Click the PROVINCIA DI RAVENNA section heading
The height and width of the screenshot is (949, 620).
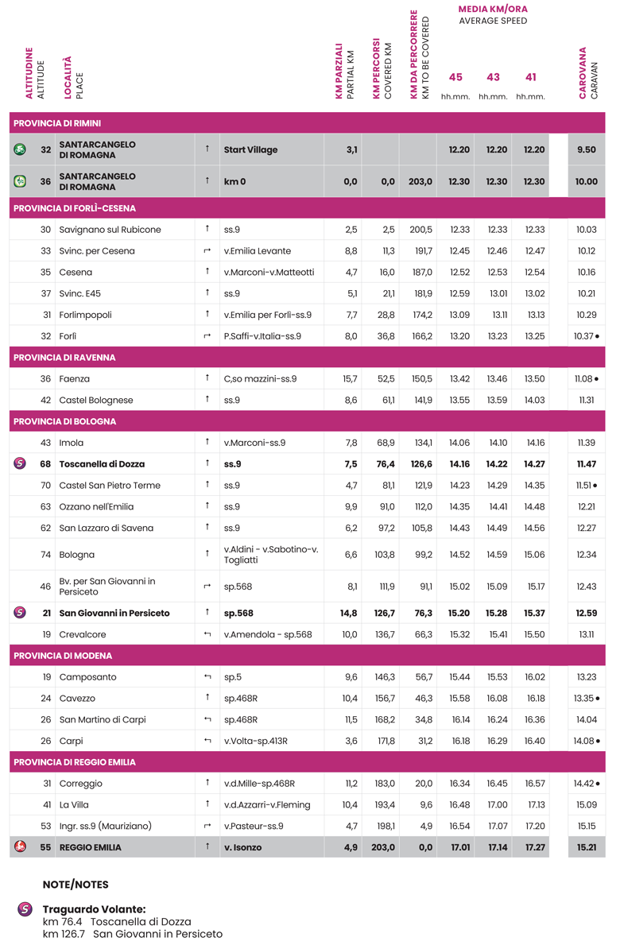tap(64, 358)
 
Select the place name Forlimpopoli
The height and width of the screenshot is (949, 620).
tap(85, 315)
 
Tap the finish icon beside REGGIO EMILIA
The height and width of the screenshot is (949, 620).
tap(20, 847)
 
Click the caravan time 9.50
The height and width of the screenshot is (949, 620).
tap(586, 149)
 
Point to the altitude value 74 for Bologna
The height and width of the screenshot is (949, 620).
tap(45, 555)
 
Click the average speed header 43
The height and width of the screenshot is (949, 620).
tap(493, 78)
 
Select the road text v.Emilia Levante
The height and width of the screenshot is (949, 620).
tap(257, 251)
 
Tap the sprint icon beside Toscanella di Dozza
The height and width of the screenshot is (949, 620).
tap(20, 464)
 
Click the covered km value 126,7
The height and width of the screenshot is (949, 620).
tap(382, 614)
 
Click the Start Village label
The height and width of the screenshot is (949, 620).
tap(250, 149)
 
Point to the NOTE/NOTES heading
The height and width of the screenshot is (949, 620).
tap(76, 885)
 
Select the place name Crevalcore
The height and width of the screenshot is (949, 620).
tap(83, 635)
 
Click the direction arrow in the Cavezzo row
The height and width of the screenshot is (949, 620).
tap(207, 699)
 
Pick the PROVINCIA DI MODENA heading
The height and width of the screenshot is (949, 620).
tap(63, 657)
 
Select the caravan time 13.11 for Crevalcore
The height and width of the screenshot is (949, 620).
tap(586, 635)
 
